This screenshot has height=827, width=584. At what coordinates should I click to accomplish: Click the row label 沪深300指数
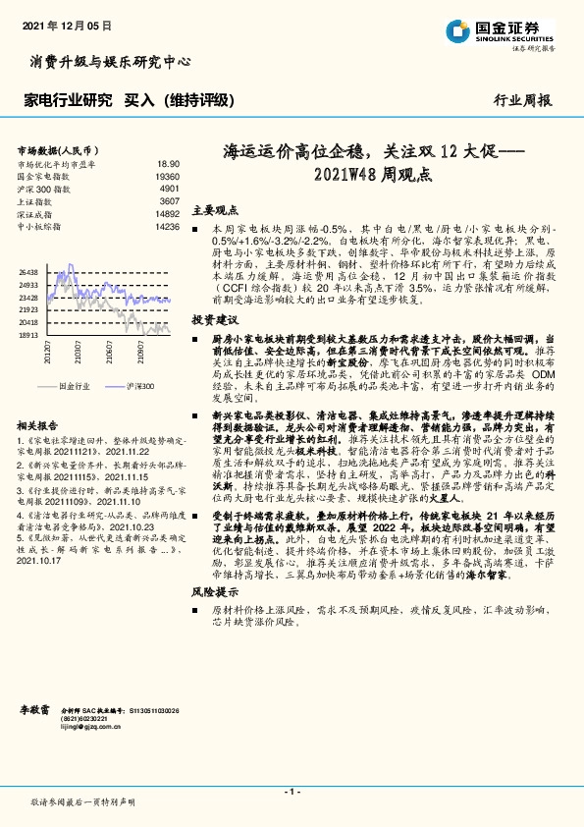pyautogui.click(x=42, y=187)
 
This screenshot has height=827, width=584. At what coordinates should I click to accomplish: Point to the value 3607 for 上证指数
pyautogui.click(x=169, y=199)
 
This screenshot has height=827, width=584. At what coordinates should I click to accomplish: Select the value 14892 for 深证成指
pyautogui.click(x=166, y=212)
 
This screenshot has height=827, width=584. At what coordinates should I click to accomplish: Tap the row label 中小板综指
pyautogui.click(x=39, y=225)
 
